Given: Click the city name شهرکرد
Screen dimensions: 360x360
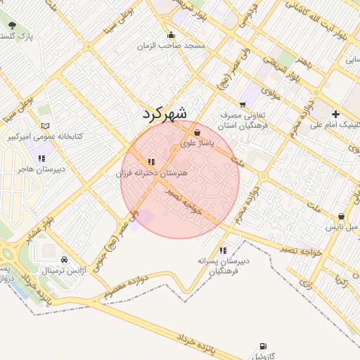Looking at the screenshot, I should point(165,113).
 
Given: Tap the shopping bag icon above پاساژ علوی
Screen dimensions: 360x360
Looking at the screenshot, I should point(195,132).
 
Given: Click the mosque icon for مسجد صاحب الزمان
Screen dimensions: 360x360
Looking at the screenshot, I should point(170,35).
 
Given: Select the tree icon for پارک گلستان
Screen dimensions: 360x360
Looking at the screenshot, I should point(12,25).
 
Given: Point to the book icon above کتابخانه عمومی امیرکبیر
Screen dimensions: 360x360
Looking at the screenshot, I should point(46,109).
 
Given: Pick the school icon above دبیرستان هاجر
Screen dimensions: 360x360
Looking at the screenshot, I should point(41,158).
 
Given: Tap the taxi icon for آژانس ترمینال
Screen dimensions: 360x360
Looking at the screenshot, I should point(65,259).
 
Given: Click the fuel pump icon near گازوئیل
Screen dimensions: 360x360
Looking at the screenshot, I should point(262,346).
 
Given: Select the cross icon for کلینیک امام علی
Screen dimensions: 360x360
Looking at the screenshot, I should point(335,114).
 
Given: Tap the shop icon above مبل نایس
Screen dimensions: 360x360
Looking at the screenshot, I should point(342,217).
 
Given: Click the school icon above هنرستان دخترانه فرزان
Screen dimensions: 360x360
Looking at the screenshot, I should point(151,162).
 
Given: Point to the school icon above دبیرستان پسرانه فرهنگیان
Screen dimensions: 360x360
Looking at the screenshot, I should point(223,250).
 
